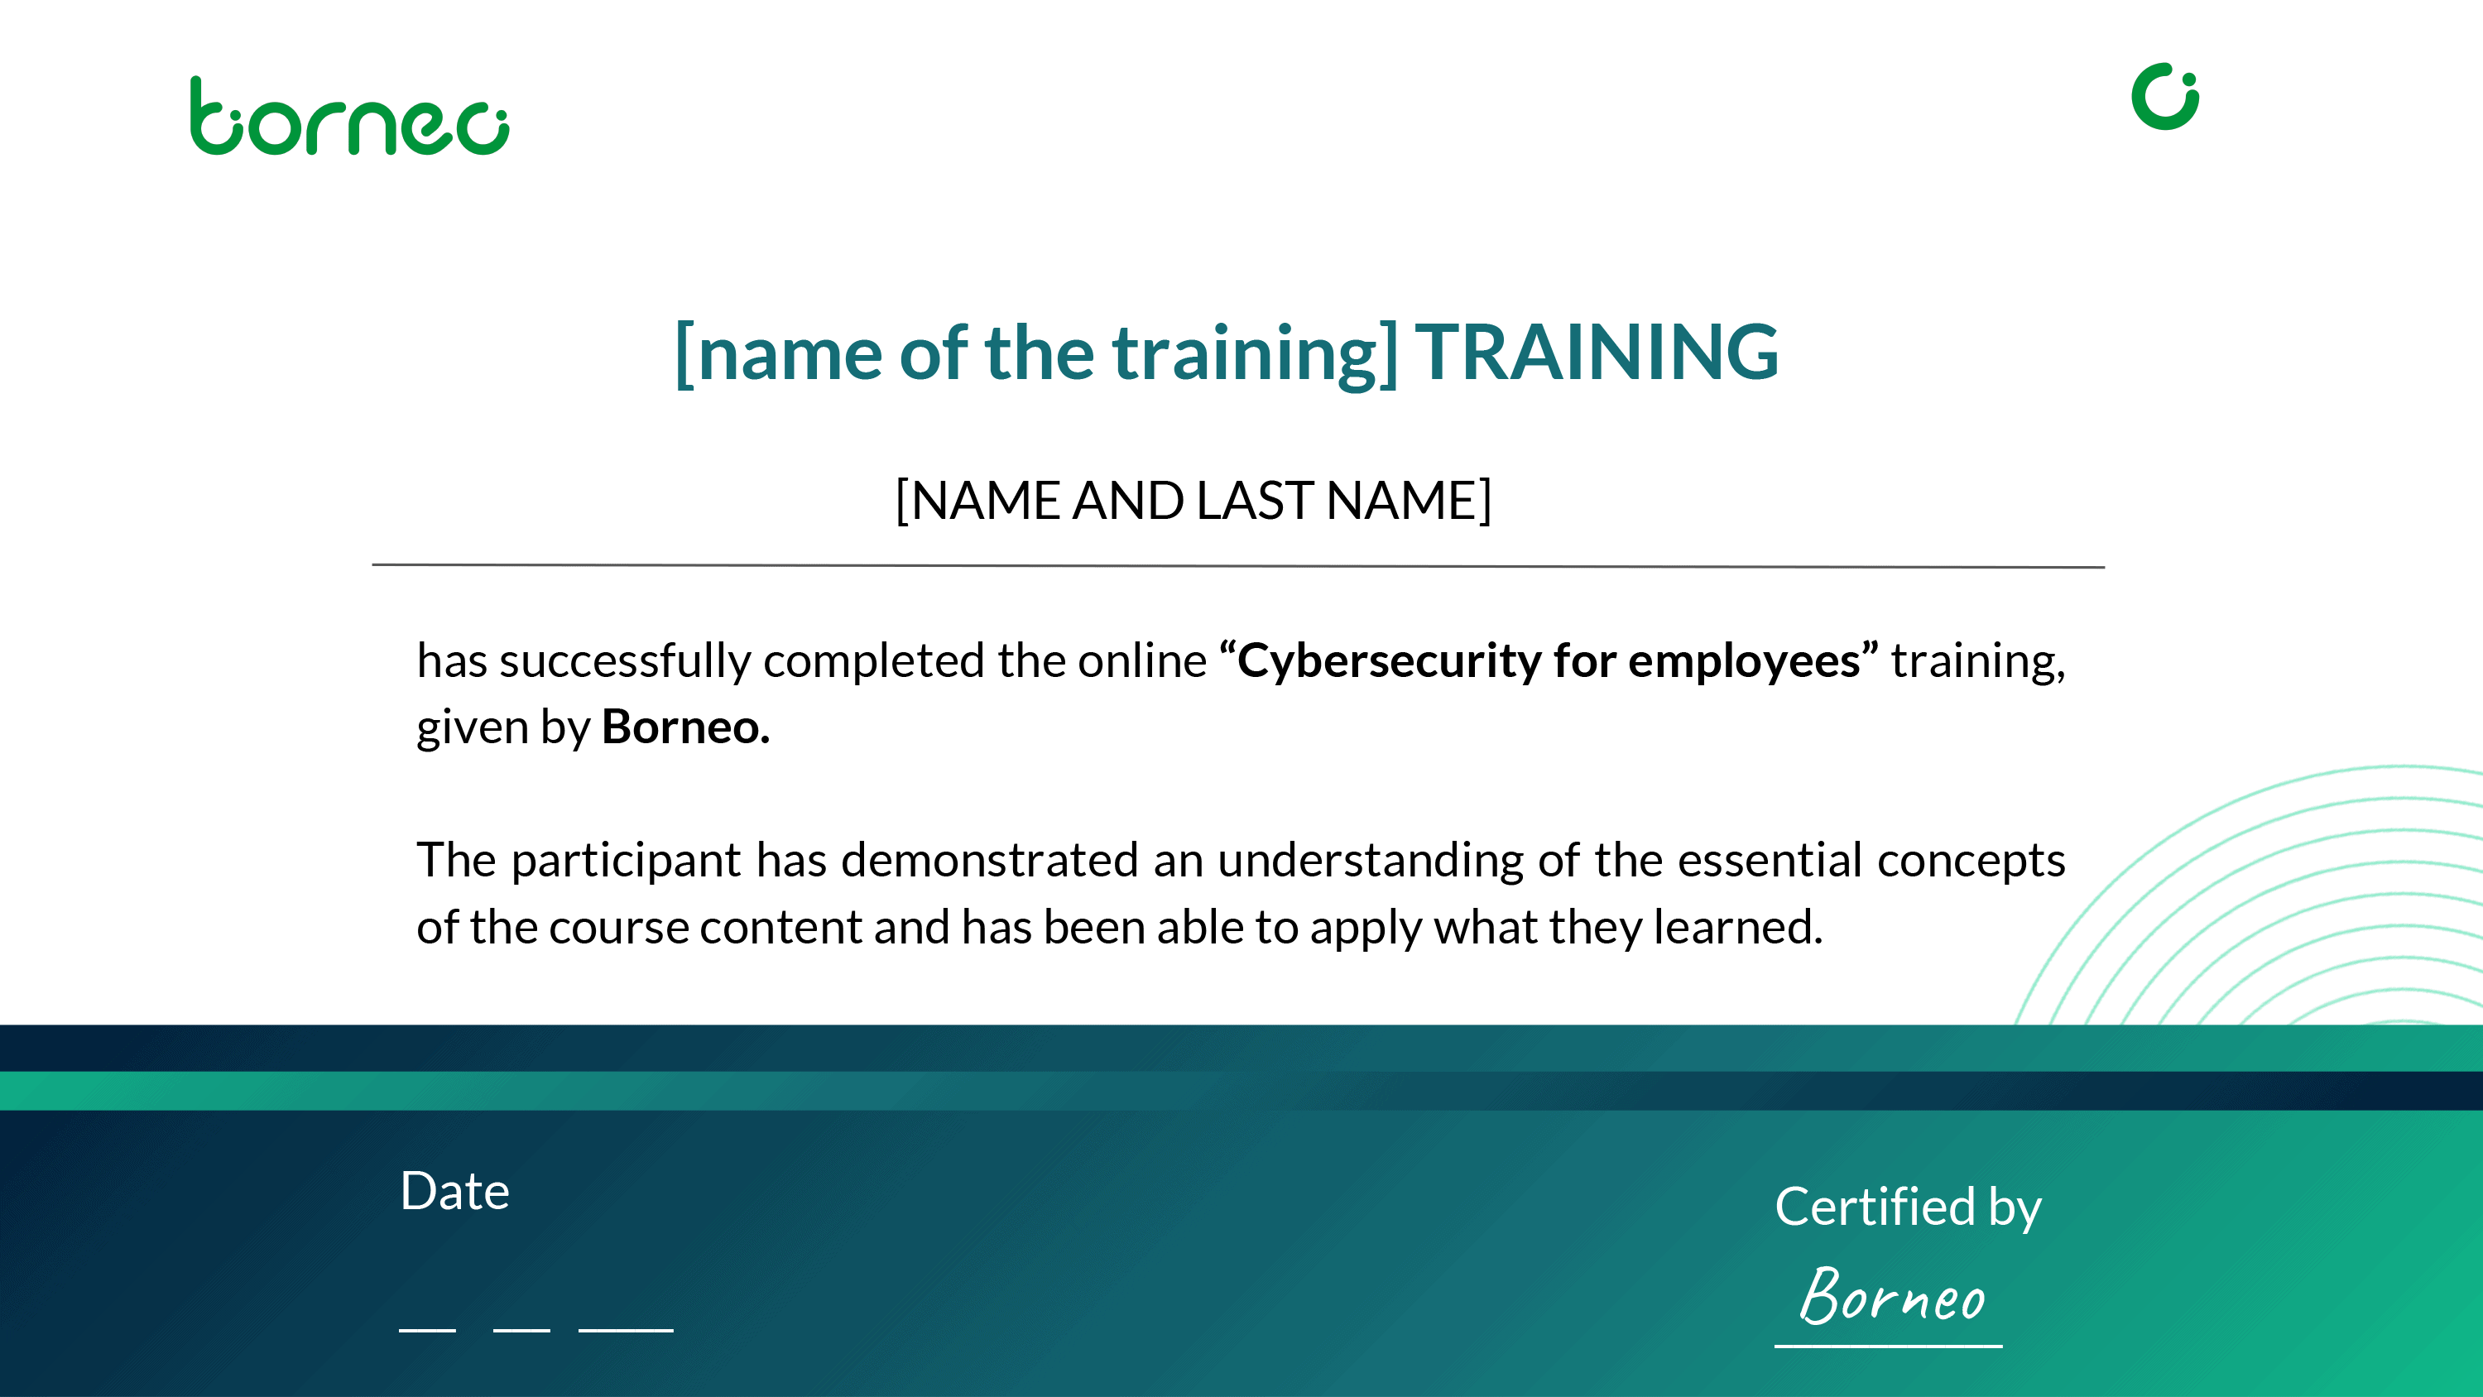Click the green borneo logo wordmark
(349, 116)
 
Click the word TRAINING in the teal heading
(1597, 352)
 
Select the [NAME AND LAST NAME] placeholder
(1193, 501)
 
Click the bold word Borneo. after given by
(685, 727)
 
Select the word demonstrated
(990, 859)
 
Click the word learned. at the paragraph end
(1738, 927)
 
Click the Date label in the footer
(454, 1192)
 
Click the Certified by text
(1908, 1208)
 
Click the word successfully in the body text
(625, 662)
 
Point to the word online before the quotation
(1142, 660)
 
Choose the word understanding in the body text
(1371, 861)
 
